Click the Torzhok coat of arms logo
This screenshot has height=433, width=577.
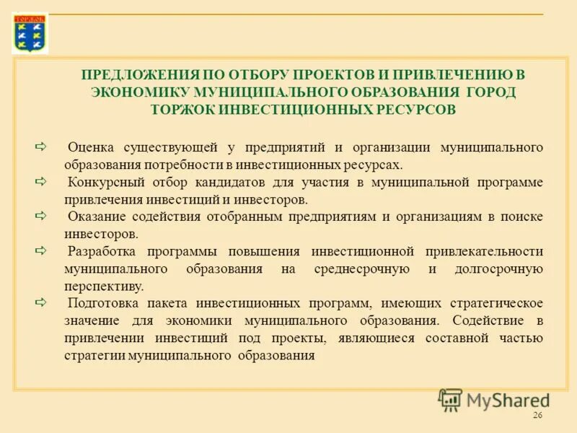(30, 33)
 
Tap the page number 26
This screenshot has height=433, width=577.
(537, 416)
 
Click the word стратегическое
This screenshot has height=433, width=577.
(495, 304)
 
